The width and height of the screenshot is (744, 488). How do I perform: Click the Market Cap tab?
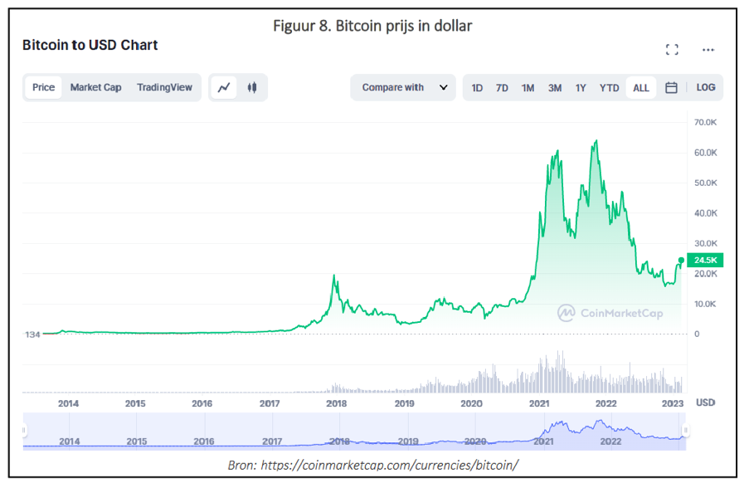click(x=95, y=87)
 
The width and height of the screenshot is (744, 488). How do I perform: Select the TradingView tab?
click(x=164, y=87)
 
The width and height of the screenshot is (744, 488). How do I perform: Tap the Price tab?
click(x=43, y=87)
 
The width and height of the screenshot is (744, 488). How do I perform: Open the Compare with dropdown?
click(x=404, y=87)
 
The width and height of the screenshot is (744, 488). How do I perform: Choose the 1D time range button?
click(x=477, y=88)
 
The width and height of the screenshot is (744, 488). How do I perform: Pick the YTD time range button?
click(x=609, y=88)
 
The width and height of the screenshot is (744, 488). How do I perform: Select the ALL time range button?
click(x=641, y=88)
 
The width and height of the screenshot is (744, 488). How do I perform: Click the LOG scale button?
click(x=706, y=87)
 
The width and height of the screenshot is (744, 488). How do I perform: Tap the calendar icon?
click(x=671, y=87)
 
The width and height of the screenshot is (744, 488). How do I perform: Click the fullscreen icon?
click(x=673, y=50)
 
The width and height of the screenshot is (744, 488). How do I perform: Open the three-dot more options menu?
click(x=708, y=50)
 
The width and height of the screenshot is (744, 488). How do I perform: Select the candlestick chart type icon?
click(x=251, y=87)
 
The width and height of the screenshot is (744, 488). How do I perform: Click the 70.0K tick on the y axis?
click(x=706, y=123)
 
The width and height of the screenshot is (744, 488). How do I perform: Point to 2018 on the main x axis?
click(x=336, y=403)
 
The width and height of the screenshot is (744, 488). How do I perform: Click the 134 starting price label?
click(x=32, y=334)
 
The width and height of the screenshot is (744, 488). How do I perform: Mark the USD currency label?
click(x=705, y=403)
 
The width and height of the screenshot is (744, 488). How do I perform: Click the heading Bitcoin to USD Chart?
click(x=90, y=45)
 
